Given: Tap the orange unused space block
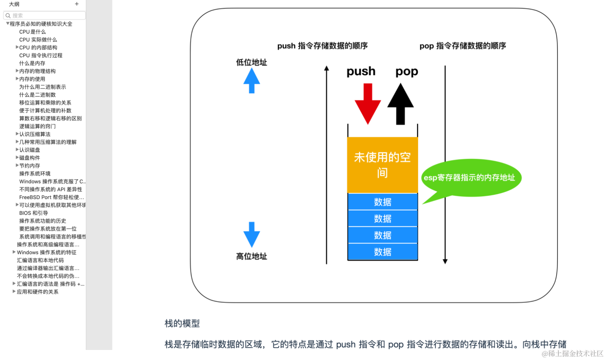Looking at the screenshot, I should (x=382, y=165).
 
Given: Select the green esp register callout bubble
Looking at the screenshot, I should (x=471, y=178).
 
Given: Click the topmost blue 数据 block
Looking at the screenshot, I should (x=382, y=202).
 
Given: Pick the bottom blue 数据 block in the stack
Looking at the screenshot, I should (x=382, y=252).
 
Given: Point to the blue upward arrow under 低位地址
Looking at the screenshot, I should (x=252, y=80).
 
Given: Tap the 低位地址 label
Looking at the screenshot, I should (x=252, y=62).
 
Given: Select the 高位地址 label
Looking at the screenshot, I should (x=252, y=256).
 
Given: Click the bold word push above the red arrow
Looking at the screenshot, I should (x=361, y=71).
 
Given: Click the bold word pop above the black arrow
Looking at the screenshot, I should (x=407, y=71).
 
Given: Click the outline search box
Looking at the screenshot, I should (x=44, y=15).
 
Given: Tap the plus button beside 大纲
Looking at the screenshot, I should (x=77, y=4).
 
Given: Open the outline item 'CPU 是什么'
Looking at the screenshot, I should (x=32, y=32).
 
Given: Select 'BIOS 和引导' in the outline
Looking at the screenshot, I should (x=34, y=213).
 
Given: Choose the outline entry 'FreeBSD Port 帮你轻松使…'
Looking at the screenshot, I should (x=51, y=197).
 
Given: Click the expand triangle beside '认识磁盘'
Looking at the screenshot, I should (x=17, y=149).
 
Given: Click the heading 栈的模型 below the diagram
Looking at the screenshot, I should (x=182, y=323).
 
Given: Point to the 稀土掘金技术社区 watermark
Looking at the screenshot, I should (x=572, y=353).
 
